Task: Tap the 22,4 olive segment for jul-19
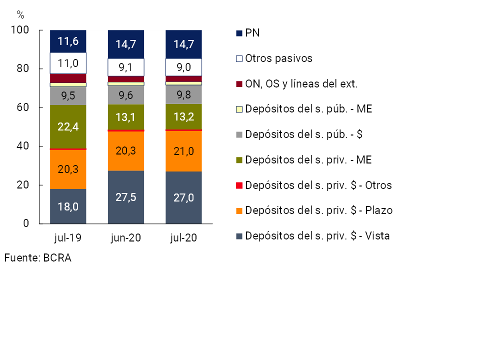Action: tap(68, 127)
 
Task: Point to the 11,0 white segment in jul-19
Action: tap(68, 63)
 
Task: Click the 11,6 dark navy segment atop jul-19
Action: tap(68, 41)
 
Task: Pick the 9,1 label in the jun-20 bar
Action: tap(126, 67)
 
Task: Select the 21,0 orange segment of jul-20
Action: tap(183, 151)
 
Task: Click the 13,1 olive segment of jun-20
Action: tap(126, 117)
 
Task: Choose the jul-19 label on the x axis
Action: tap(68, 238)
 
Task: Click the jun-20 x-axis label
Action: tap(126, 238)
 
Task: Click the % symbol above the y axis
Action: tap(20, 13)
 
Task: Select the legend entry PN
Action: tap(252, 33)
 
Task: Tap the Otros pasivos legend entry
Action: tap(278, 58)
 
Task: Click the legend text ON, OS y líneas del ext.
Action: tap(301, 84)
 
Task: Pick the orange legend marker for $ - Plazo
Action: tap(239, 211)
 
